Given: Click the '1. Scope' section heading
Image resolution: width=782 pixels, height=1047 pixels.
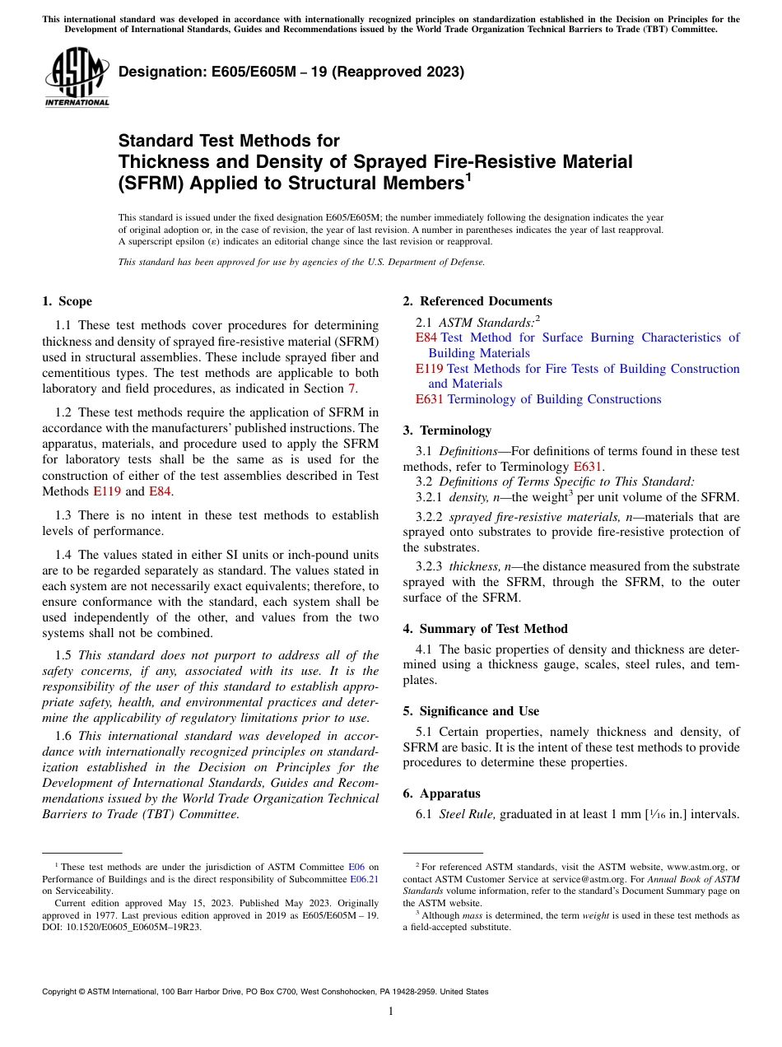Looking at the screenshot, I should coord(67,301).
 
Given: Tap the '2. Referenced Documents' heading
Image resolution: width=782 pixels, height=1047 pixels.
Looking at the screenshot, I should coord(477,301).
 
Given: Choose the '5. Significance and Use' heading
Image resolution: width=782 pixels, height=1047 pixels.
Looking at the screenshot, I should coord(471,711).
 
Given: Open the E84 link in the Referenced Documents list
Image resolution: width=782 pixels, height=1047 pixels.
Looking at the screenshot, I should coord(426,337).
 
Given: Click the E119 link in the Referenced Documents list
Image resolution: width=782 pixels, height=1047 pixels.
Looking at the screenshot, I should coord(429,369).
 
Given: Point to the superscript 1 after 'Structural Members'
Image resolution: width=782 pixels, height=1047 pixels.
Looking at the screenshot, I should coord(468,176).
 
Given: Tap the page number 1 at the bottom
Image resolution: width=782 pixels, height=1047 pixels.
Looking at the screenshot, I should coord(391,1012).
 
